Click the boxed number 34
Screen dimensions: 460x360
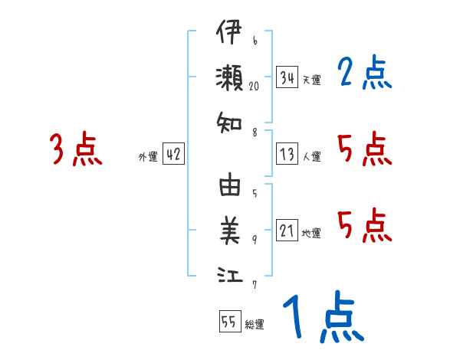click(287, 77)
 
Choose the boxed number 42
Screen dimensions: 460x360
click(173, 155)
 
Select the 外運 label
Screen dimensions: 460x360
click(148, 157)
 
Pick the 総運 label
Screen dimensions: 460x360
click(255, 324)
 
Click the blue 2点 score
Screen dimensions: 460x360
click(365, 74)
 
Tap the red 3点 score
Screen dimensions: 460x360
click(76, 149)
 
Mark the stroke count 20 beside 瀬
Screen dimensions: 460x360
click(255, 87)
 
